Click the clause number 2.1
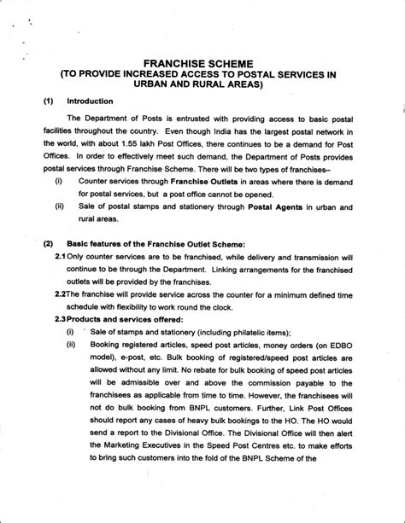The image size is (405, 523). coord(61,257)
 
